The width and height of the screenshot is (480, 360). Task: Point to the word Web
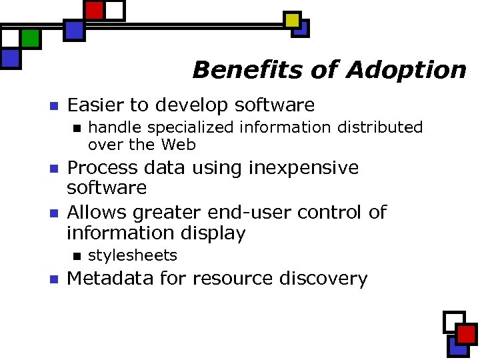coord(179,144)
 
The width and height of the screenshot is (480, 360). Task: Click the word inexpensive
coord(304,167)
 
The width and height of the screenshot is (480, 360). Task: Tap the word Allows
coord(99,212)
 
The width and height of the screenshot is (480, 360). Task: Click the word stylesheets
coord(133,255)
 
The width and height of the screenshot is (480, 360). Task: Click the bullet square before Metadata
coord(55,279)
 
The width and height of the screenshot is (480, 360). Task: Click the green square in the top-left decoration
coord(30,39)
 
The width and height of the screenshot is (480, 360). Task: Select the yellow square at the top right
coord(292,20)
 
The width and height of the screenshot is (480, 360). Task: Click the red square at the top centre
coord(95,11)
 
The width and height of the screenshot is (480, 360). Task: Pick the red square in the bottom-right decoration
coord(466,334)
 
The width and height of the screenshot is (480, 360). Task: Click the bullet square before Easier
coord(55,105)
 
